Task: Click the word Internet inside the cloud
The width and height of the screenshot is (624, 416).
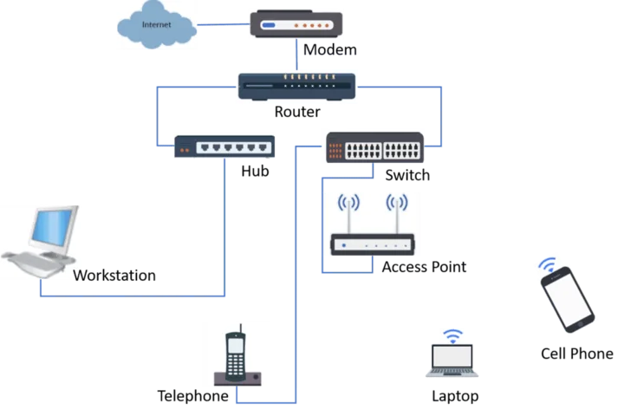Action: pos(157,25)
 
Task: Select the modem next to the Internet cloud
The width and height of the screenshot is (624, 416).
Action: pos(295,25)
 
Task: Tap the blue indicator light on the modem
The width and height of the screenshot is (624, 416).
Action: pos(269,25)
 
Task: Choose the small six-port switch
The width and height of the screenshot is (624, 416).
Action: pos(225,146)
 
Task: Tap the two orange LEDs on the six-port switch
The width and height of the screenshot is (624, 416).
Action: pos(184,151)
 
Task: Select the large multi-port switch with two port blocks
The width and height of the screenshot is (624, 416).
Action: pos(374,149)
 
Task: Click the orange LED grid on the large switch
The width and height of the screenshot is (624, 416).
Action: pos(335,149)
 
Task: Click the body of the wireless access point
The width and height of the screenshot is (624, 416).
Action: pos(371,244)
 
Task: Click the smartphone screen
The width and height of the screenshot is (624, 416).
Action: pos(569,300)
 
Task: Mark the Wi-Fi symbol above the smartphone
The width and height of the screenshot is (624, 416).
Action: pos(546,263)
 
